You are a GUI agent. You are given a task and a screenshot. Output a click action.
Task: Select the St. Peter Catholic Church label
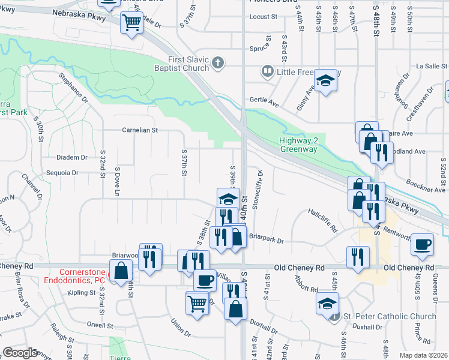point(390,316)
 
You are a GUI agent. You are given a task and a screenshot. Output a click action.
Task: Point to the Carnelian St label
point(139,130)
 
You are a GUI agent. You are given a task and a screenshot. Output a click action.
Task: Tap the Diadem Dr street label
point(71,157)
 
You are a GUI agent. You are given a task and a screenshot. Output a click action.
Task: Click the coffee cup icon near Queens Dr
point(423,244)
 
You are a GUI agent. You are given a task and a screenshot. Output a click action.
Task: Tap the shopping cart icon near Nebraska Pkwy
point(131,23)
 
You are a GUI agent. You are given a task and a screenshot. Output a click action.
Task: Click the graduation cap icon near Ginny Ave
point(325,80)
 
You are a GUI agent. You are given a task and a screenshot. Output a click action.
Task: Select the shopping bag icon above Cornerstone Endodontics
point(121,270)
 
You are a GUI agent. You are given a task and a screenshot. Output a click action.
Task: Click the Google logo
point(20,353)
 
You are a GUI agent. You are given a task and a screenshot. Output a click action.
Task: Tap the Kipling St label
point(82,293)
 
